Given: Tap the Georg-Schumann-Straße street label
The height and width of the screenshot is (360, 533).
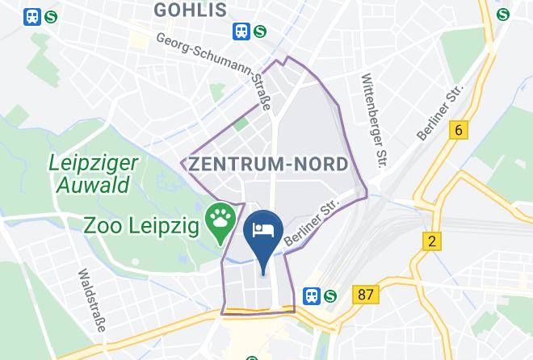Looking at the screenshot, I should pyautogui.click(x=219, y=69).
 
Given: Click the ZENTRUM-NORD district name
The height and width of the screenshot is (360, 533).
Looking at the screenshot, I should pyautogui.click(x=269, y=164).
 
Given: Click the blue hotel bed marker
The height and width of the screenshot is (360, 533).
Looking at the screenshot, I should pyautogui.click(x=263, y=231).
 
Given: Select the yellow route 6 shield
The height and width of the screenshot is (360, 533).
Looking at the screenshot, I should pyautogui.click(x=460, y=130).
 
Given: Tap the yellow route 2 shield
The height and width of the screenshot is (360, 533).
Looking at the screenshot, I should pyautogui.click(x=433, y=241).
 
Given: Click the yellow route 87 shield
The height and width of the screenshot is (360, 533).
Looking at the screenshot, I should pyautogui.click(x=365, y=295).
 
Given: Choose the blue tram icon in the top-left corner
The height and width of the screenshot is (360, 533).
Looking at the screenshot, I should pyautogui.click(x=33, y=16).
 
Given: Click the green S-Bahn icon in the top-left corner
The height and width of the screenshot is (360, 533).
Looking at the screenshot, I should pyautogui.click(x=52, y=16).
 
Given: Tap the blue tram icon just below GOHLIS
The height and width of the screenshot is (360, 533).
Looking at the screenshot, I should pyautogui.click(x=241, y=30).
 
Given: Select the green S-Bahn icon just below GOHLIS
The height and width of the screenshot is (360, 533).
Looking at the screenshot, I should pyautogui.click(x=260, y=30).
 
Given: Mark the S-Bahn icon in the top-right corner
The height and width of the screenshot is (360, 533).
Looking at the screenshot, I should pyautogui.click(x=504, y=14).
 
